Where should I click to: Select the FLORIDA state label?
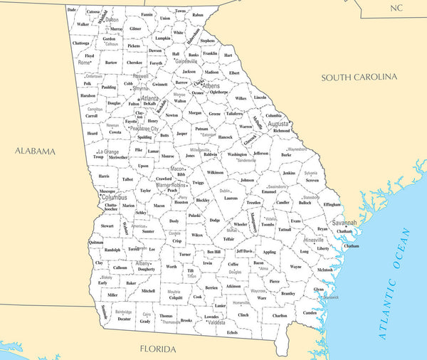coord(157,349)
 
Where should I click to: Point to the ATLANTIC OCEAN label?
coord(394,284)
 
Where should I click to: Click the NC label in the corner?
coord(396,7)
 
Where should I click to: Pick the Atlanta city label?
coord(150,99)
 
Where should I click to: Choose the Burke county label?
coord(286,154)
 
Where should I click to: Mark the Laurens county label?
coord(231,198)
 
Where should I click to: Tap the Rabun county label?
coord(198,14)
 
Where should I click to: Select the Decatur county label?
coord(125,319)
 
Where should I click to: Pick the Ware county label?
coord(262,298)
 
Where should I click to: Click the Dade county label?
coord(72,10)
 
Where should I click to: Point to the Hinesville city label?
coord(314,240)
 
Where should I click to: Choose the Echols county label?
coord(233,332)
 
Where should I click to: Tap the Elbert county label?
coord(234,73)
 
